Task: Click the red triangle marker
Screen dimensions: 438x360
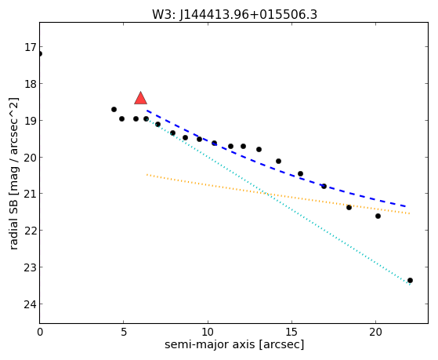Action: pos(140,98)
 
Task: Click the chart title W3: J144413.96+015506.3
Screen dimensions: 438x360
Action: pos(234,15)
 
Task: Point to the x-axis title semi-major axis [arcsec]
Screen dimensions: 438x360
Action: pos(234,344)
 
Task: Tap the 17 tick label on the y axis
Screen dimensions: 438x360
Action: pos(31,47)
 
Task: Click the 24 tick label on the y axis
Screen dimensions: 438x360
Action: pos(31,304)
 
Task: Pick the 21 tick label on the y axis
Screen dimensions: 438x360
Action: pos(31,194)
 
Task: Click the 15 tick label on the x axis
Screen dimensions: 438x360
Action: pos(291,332)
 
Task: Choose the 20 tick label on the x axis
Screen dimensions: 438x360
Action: pos(375,332)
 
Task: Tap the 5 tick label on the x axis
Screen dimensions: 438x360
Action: pos(124,332)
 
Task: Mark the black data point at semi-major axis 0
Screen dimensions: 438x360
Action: pos(40,53)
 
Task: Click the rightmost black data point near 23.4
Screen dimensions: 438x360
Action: pos(410,280)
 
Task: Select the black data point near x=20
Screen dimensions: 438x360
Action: pos(378,216)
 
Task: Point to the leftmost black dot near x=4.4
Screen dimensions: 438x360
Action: pos(114,109)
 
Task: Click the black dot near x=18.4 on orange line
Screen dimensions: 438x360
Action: pos(349,207)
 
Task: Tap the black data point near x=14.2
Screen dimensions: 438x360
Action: pos(278,161)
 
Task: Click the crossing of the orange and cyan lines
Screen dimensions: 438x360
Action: pos(266,194)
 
